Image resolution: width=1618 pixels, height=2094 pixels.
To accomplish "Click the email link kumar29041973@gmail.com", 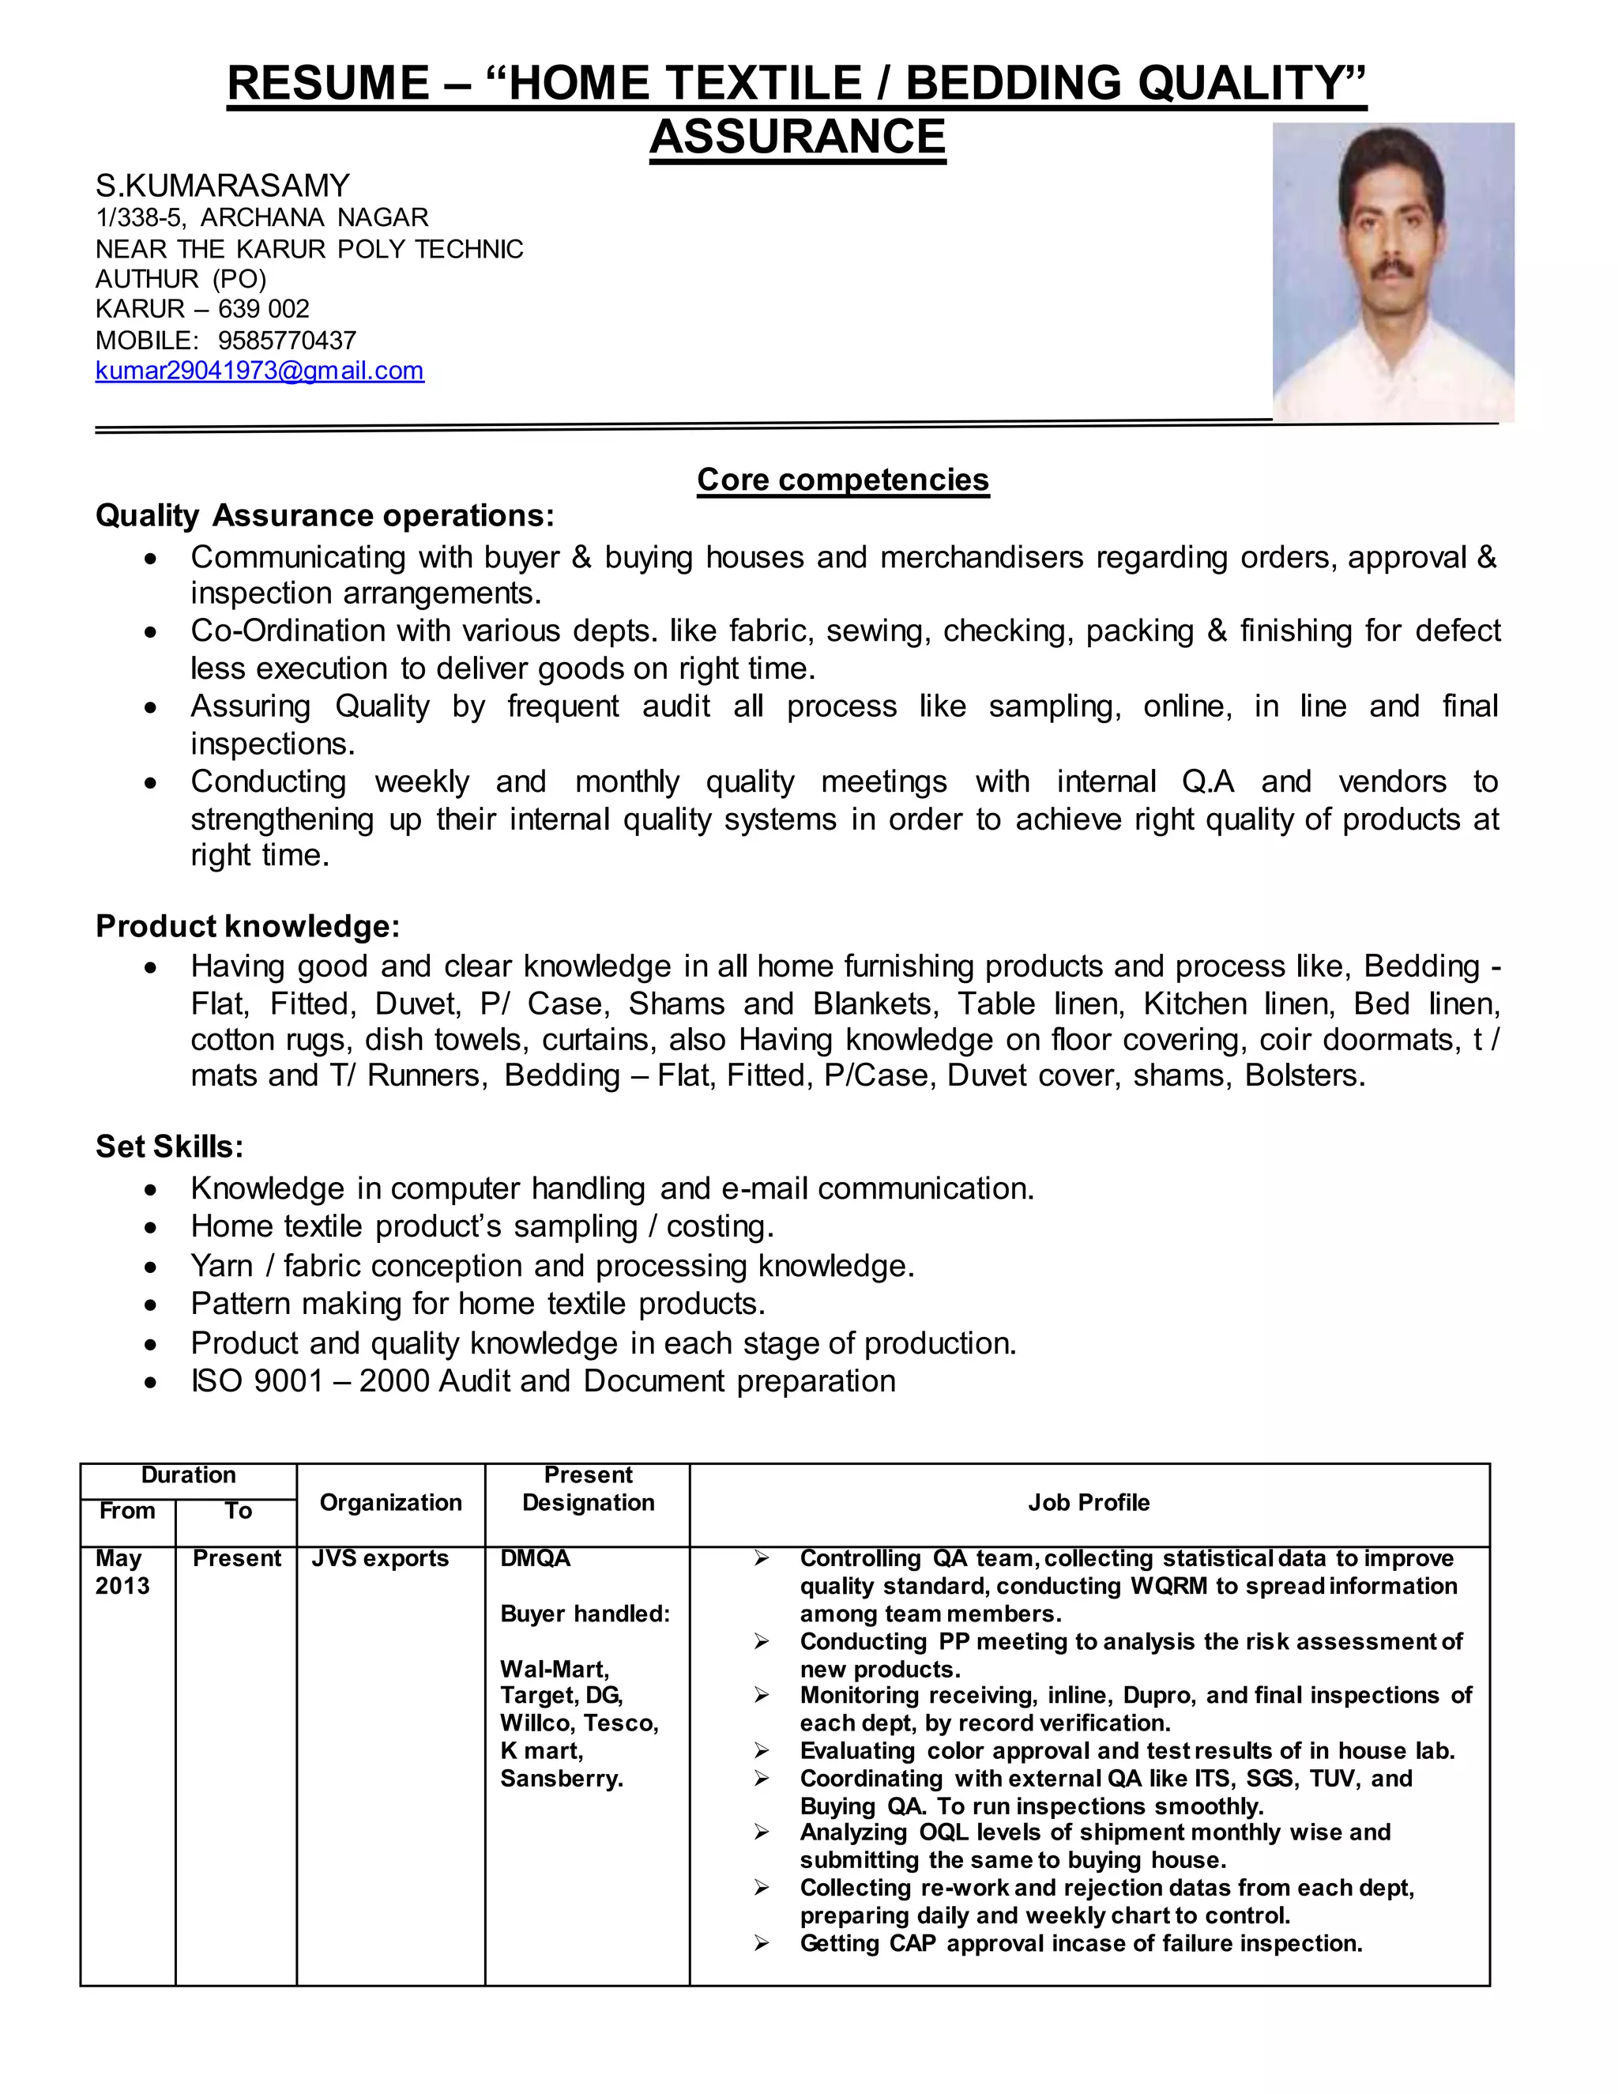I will pos(259,371).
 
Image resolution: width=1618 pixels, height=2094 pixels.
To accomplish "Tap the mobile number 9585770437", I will pos(287,341).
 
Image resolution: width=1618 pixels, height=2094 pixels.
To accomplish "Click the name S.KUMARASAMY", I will pos(222,185).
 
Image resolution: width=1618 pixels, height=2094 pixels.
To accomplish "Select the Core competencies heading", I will pos(841,480).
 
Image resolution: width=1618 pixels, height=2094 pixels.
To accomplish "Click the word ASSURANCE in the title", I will pos(797,136).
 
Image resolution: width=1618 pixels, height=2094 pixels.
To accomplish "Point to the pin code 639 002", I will pos(264,309).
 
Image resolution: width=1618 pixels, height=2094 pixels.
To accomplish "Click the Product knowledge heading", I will pos(247,926).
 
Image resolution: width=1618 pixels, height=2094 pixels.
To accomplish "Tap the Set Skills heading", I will pos(170,1147).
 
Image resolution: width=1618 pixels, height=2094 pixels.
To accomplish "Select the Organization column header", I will pos(390,1502).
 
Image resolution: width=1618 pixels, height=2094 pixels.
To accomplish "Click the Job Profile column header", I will pos(1088,1502).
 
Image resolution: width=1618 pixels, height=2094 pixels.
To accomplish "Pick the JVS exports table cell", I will pos(379,1558).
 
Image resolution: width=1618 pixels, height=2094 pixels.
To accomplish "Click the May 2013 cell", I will pos(122,1572).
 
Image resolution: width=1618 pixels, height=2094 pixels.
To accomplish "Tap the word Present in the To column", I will pos(237,1558).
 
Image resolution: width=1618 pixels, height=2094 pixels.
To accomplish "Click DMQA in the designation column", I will pos(535,1558).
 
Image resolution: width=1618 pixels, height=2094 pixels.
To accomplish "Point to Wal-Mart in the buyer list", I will pos(554,1669).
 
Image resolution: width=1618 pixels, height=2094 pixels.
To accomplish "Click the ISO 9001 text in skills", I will pos(256,1380).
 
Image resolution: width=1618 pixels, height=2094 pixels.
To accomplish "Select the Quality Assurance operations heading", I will pos(324,516).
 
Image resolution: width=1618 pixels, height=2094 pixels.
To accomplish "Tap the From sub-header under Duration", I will pos(126,1511).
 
